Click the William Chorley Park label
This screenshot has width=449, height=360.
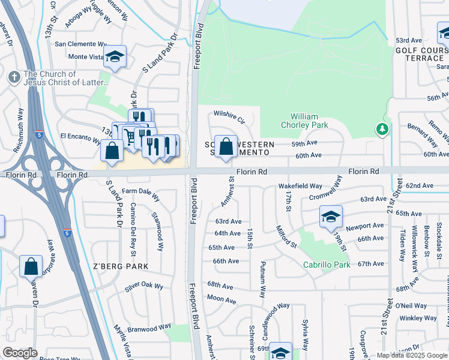click(x=309, y=121)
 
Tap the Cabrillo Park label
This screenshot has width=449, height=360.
click(x=326, y=265)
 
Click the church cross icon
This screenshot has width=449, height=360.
click(x=14, y=77)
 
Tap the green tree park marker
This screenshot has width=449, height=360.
click(x=382, y=129)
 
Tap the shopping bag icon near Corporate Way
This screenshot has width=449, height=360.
click(x=31, y=265)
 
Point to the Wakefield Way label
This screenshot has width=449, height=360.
click(x=300, y=187)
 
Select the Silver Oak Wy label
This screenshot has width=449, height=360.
click(x=144, y=286)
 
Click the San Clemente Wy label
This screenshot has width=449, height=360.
click(x=80, y=44)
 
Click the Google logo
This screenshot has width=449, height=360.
click(x=20, y=353)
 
